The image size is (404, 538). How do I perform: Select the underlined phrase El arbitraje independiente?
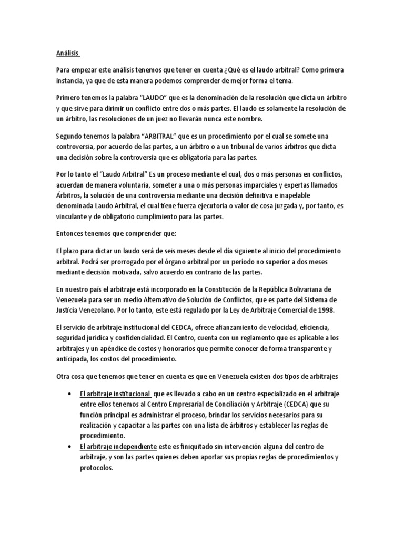pos(118,446)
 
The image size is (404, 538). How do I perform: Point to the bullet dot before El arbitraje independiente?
pos(70,446)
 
